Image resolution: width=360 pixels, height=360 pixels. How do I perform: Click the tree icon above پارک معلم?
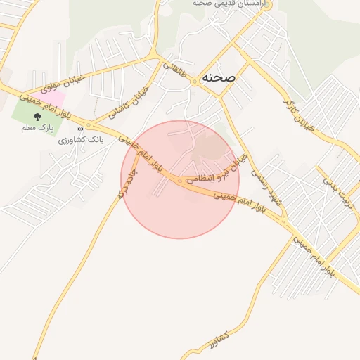point(37,117)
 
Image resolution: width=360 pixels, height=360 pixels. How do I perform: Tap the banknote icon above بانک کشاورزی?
point(80,129)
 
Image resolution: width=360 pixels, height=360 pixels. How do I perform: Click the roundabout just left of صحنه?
point(194,82)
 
